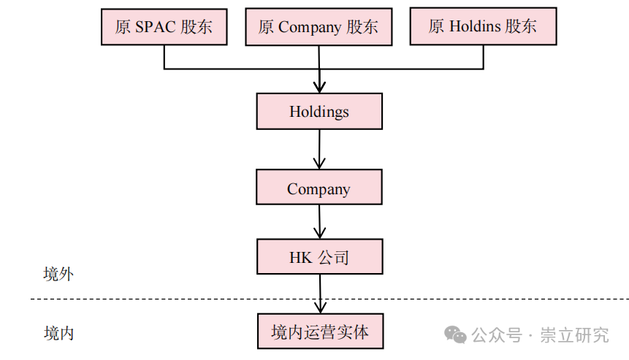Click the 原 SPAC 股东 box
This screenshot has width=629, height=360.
163,27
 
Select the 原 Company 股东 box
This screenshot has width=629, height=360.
319,27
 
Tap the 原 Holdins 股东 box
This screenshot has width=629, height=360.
483,27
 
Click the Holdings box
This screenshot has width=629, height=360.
319,112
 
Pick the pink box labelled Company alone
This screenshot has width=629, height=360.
319,188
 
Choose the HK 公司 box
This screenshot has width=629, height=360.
319,257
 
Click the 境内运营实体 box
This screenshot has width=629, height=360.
319,332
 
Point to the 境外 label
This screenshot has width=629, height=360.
58,275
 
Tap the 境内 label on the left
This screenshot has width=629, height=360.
58,334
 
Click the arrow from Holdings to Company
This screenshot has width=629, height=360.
319,150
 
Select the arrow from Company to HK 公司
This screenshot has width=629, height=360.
319,221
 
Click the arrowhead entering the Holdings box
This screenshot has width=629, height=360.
319,87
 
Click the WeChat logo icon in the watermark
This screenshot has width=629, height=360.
457,335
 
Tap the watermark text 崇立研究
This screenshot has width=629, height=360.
574,335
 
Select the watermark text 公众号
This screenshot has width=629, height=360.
497,335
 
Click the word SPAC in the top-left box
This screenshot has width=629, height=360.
155,27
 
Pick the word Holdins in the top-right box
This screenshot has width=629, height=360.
475,27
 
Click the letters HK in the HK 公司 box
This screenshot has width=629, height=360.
301,257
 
